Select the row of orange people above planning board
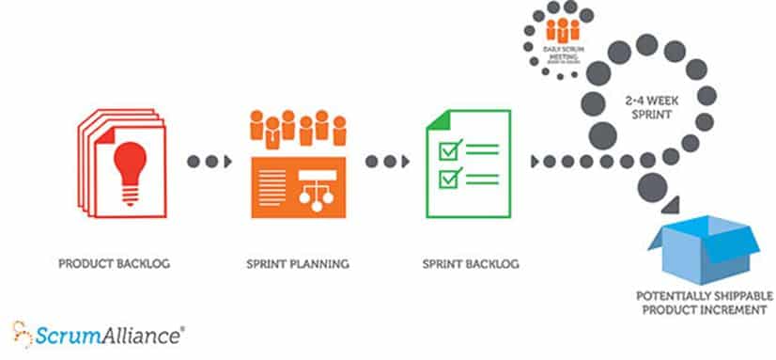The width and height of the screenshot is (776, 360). (x=295, y=130)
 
